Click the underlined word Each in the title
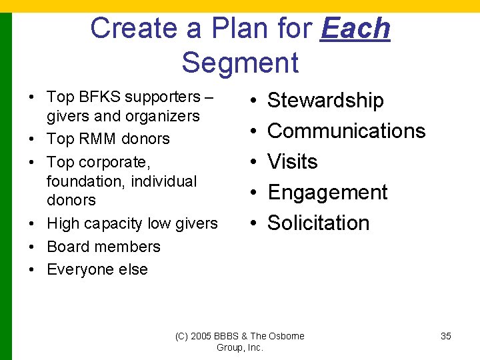pyautogui.click(x=355, y=29)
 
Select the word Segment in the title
pyautogui.click(x=240, y=63)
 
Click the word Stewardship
pyautogui.click(x=325, y=101)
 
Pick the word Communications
pyautogui.click(x=346, y=131)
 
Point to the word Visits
pyautogui.click(x=292, y=161)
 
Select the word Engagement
pyautogui.click(x=327, y=192)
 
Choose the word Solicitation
pyautogui.click(x=318, y=223)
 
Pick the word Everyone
pyautogui.click(x=79, y=269)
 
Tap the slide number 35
pyautogui.click(x=446, y=336)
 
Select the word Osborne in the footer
pyautogui.click(x=287, y=336)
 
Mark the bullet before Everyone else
pyautogui.click(x=31, y=269)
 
